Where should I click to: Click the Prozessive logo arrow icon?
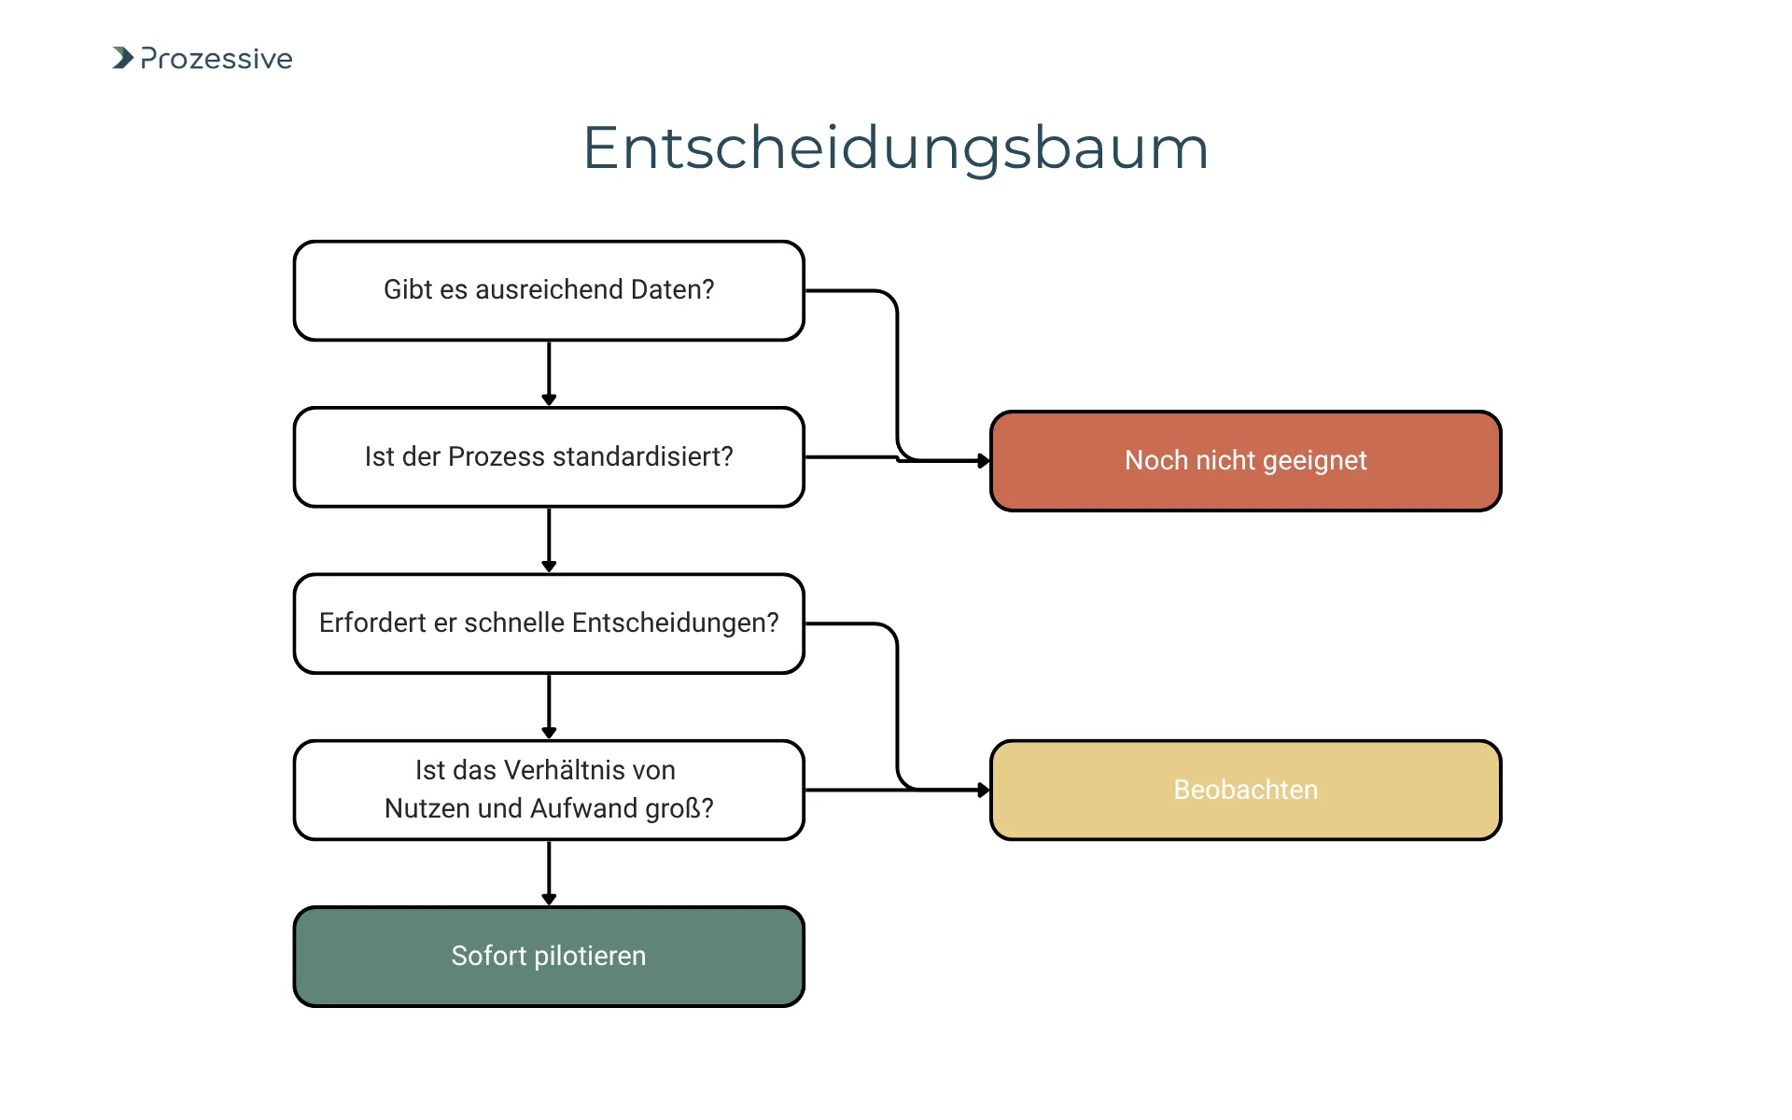click(123, 58)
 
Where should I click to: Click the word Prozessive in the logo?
click(217, 59)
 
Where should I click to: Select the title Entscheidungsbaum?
click(895, 147)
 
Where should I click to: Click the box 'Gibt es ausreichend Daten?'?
click(549, 290)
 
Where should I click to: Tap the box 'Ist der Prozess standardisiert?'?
click(549, 457)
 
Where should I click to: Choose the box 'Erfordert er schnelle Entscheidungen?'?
click(549, 623)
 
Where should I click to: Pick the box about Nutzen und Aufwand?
click(549, 790)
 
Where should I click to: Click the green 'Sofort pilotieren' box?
click(549, 957)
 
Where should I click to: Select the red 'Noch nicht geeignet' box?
click(1245, 461)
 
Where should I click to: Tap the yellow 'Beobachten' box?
click(1245, 791)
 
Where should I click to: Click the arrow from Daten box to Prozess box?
click(549, 373)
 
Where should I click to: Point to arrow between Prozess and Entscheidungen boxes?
click(549, 540)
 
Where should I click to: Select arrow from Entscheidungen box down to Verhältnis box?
click(549, 707)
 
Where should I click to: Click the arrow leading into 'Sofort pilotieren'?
click(549, 873)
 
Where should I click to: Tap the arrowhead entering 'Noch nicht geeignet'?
click(983, 461)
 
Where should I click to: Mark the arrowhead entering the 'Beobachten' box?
click(983, 791)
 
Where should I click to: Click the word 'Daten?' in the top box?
click(672, 290)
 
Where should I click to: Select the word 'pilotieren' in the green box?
click(590, 957)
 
